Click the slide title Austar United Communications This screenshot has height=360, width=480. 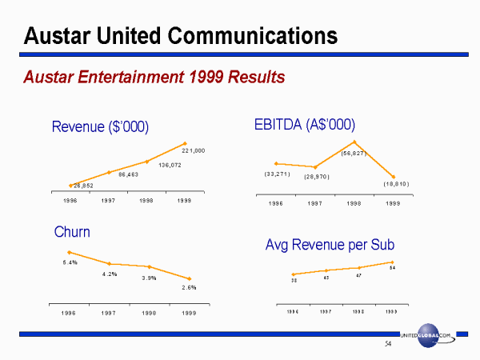[181, 35]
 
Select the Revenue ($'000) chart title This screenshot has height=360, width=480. [100, 126]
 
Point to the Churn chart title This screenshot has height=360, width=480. [72, 232]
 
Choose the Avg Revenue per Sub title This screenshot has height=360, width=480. [330, 245]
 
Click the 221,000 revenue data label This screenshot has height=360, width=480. [194, 150]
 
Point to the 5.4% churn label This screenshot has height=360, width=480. [70, 262]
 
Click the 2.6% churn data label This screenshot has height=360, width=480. [189, 287]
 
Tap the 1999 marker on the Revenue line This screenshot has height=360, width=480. [185, 143]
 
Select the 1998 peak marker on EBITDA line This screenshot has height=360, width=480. [354, 142]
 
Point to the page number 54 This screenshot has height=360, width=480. [388, 345]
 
